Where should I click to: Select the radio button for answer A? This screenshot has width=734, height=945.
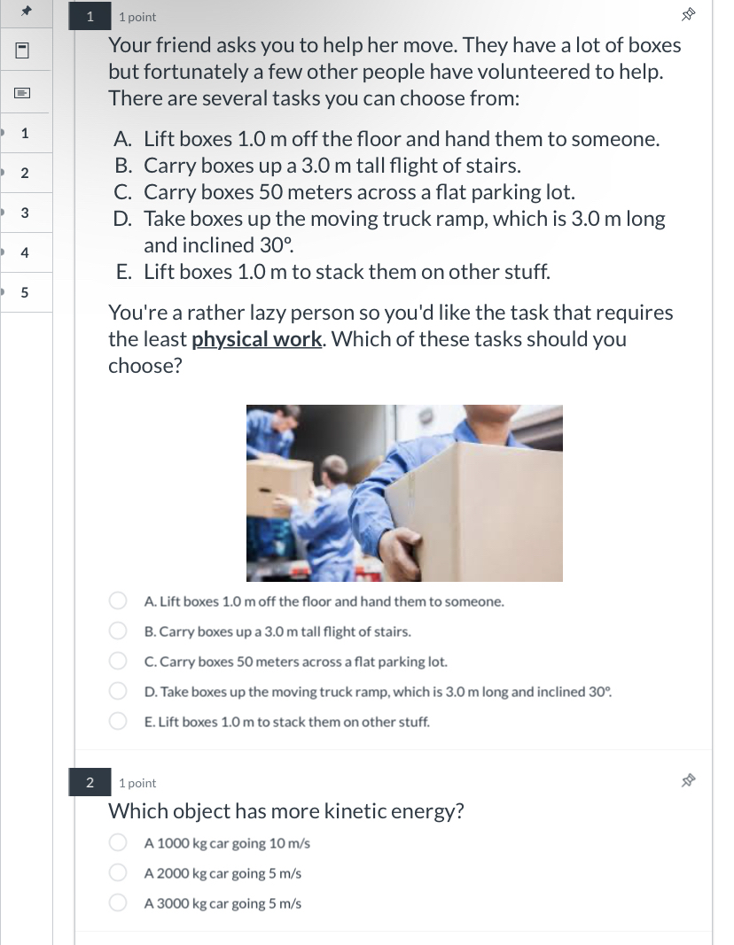(x=118, y=601)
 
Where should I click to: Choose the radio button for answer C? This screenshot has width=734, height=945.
(x=118, y=662)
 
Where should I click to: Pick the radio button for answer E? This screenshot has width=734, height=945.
(x=118, y=721)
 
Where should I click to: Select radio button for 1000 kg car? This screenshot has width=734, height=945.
(x=118, y=843)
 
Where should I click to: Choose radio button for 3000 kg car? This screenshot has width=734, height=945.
(x=118, y=903)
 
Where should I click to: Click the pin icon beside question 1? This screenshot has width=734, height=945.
(x=687, y=15)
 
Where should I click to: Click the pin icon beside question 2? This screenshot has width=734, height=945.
(x=687, y=781)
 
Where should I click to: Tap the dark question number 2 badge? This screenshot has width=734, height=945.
(x=90, y=782)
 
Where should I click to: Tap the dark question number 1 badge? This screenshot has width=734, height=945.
(x=90, y=16)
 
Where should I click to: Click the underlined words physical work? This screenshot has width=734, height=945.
(x=256, y=339)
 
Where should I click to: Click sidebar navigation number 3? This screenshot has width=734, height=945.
(x=25, y=213)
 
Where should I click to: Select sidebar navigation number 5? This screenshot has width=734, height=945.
(x=25, y=292)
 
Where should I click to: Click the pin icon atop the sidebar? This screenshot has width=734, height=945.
(x=26, y=12)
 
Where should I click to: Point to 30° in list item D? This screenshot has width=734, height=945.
(x=276, y=245)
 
